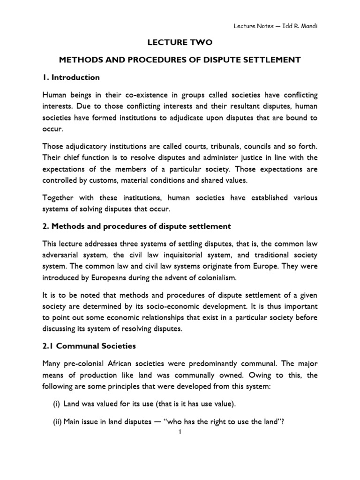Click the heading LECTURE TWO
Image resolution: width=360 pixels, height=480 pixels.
[x=180, y=43]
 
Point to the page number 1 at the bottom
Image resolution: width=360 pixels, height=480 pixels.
[x=180, y=432]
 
